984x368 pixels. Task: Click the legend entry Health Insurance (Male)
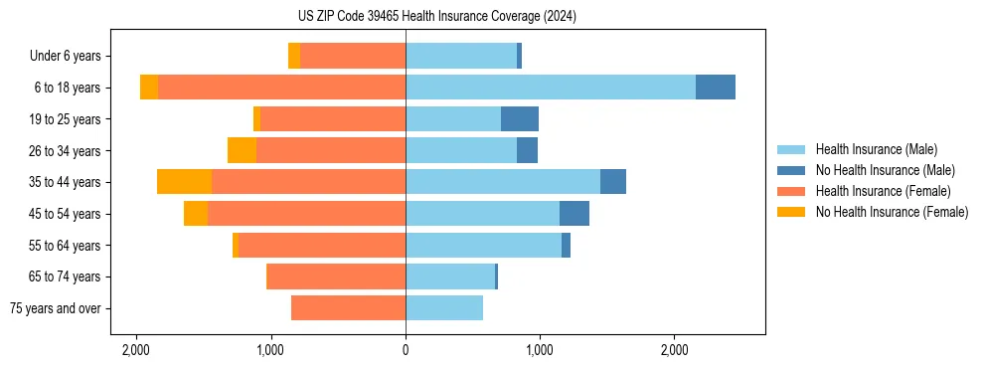[876, 149]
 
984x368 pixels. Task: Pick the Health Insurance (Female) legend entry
[883, 191]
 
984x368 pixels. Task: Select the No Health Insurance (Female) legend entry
[891, 212]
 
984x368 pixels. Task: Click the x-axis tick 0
[406, 350]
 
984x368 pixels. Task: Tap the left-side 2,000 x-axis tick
[136, 350]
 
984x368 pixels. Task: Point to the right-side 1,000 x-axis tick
[540, 350]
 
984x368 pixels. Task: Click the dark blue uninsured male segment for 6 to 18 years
[716, 88]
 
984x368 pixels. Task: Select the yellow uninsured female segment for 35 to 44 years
[184, 182]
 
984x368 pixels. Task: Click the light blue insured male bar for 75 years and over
[444, 308]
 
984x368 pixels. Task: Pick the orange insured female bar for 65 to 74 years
[336, 276]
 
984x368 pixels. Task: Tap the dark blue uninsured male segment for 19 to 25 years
[520, 119]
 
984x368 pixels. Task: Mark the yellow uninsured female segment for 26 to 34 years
[242, 150]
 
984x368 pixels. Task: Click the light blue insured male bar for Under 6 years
[461, 57]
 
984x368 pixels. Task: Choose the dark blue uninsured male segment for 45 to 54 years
[574, 214]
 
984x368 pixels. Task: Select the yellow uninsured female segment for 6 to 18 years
[149, 88]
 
